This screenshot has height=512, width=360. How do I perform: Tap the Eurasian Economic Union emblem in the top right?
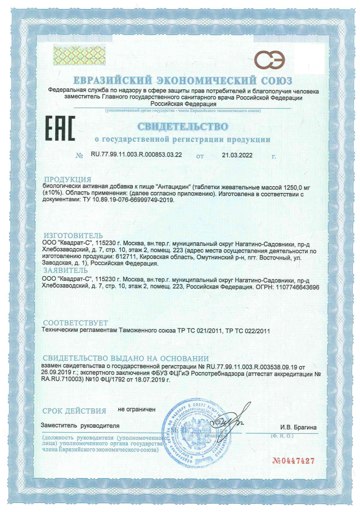pyautogui.click(x=268, y=58)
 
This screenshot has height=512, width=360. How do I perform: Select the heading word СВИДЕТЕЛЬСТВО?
pyautogui.click(x=182, y=125)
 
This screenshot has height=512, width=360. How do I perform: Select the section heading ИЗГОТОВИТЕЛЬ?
pyautogui.click(x=73, y=234)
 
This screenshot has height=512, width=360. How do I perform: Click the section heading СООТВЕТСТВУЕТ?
pyautogui.click(x=73, y=322)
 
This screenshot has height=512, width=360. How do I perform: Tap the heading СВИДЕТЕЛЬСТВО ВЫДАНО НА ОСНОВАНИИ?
pyautogui.click(x=126, y=358)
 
